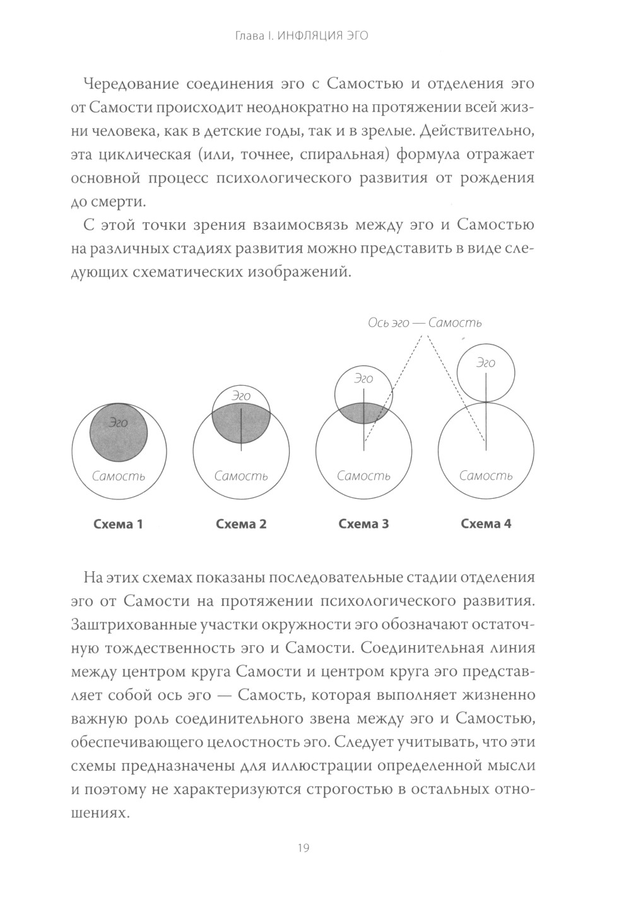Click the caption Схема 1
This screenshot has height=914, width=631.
[118, 524]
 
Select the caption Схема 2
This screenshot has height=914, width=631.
[241, 524]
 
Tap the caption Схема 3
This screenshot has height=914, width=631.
[364, 524]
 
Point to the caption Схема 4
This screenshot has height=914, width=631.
[486, 524]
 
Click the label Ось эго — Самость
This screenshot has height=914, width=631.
[425, 323]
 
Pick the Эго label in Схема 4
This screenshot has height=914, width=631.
[485, 363]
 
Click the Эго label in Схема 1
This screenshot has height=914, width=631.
[118, 422]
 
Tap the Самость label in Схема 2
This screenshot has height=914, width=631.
[241, 476]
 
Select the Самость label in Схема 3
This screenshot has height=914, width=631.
[363, 476]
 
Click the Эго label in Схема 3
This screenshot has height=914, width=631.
[363, 379]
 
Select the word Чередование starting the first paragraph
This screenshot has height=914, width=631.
[128, 85]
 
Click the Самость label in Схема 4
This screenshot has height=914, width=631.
[486, 476]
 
